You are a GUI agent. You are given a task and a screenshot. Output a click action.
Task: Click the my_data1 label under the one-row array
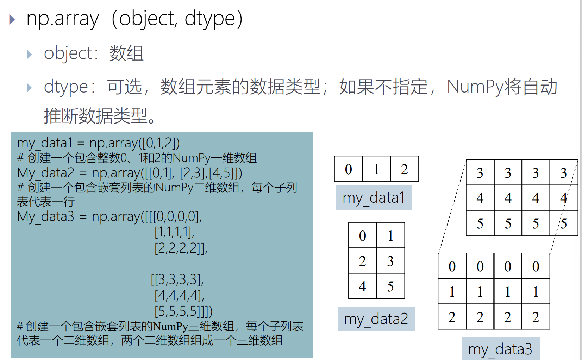[374, 198]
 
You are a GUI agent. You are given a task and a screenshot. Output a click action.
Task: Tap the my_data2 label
[376, 319]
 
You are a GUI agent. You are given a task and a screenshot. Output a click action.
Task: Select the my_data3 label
[500, 349]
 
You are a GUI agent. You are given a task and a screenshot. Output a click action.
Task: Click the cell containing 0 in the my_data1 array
[348, 169]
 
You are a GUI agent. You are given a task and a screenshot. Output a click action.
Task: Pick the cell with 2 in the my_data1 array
[404, 169]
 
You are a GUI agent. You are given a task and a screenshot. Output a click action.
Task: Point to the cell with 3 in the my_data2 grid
[390, 261]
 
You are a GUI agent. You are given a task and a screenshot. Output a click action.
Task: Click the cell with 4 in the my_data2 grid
[362, 286]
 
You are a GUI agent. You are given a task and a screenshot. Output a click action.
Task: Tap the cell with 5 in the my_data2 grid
[390, 286]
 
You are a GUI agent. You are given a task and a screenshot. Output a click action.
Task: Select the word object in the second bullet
[68, 54]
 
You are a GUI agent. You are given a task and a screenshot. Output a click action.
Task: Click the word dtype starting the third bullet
[66, 87]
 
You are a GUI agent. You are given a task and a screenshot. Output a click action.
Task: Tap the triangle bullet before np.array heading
[12, 19]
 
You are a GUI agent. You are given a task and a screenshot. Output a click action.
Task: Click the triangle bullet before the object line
[30, 55]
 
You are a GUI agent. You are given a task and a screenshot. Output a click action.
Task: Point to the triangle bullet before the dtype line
[30, 88]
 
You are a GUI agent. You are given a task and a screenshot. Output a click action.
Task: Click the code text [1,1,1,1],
[174, 232]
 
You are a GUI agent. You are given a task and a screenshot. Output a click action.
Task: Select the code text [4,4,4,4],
[179, 295]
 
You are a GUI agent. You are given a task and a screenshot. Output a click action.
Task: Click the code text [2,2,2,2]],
[181, 248]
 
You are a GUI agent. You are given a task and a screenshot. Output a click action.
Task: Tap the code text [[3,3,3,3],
[177, 279]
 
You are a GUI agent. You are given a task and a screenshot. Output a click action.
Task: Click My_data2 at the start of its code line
[46, 173]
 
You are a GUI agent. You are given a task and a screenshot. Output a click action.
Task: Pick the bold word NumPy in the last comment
[170, 326]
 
